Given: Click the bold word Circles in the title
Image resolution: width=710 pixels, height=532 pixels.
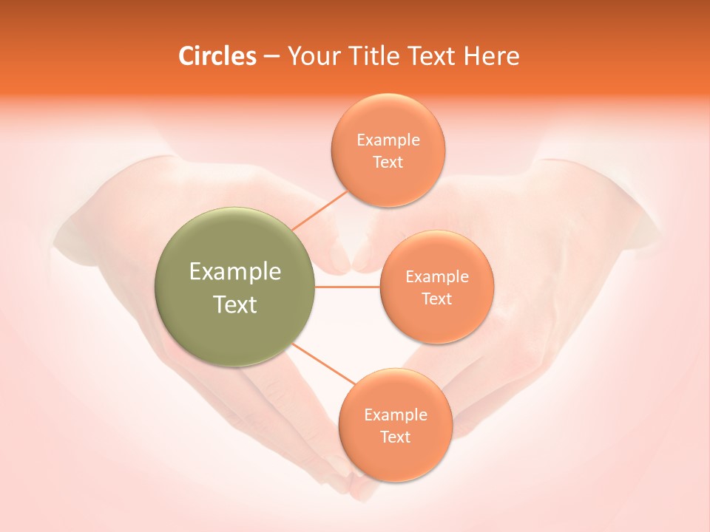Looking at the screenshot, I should [x=217, y=56].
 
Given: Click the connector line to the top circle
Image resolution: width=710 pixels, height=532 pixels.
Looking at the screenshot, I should [x=320, y=211].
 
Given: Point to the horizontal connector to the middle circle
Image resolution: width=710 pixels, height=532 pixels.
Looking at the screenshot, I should [x=346, y=286].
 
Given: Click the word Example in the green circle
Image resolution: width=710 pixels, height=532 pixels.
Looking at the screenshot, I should [x=235, y=272].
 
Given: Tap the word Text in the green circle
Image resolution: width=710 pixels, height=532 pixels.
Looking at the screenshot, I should [x=235, y=304].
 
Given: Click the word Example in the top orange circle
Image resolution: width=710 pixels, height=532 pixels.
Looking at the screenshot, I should [x=388, y=140].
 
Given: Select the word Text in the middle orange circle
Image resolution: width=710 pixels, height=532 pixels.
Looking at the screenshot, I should [x=437, y=299].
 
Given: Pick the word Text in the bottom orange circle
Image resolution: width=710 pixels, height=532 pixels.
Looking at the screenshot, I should [x=396, y=437].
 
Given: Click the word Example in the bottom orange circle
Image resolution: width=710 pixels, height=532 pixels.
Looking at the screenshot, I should [x=396, y=415].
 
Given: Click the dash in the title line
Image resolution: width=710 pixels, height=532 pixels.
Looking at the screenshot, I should [x=271, y=57].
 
